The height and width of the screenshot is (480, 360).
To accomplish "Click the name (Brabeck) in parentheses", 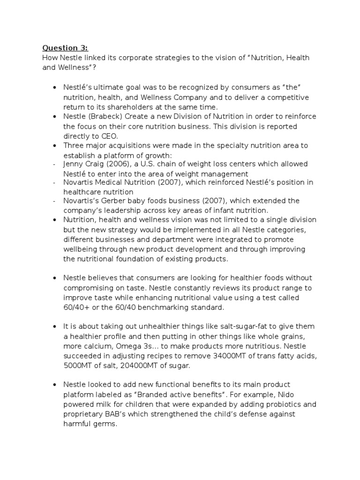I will [x=107, y=117].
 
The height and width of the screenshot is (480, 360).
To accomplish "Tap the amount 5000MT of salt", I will [x=80, y=365].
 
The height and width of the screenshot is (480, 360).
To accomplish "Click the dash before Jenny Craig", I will [x=54, y=164].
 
